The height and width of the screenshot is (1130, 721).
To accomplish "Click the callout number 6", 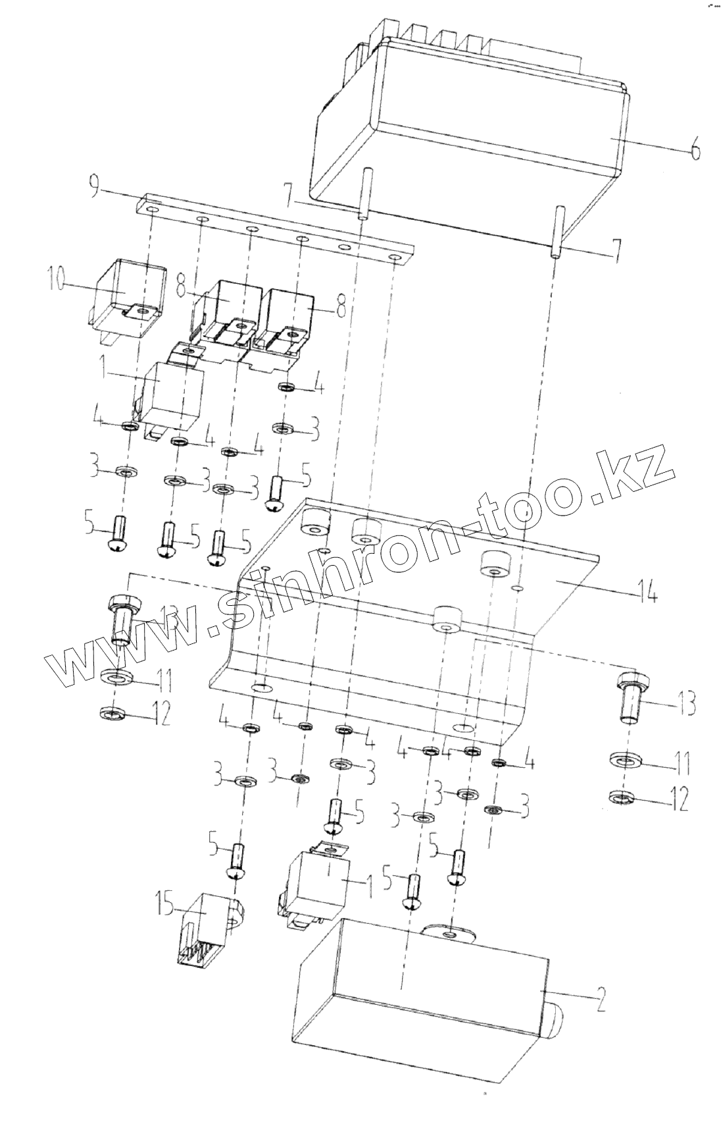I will point(695,149).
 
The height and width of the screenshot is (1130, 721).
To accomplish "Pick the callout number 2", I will point(599,1000).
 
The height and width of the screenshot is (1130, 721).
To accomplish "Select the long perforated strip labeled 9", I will point(276,229).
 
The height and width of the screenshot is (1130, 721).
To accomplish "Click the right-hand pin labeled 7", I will point(558,230).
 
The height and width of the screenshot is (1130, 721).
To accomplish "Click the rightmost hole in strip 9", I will point(395,257).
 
